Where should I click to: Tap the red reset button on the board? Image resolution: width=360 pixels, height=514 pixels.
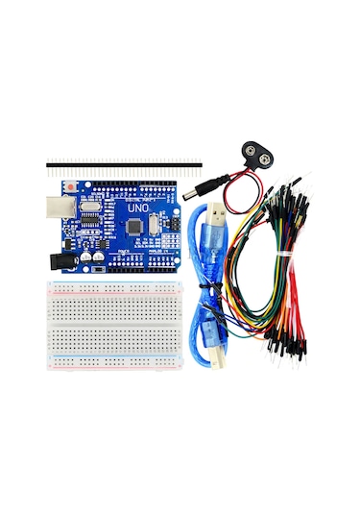point(71,184)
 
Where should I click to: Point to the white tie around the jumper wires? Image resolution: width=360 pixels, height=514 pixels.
point(288,250)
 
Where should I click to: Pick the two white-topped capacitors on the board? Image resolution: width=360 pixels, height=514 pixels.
point(93,257)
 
